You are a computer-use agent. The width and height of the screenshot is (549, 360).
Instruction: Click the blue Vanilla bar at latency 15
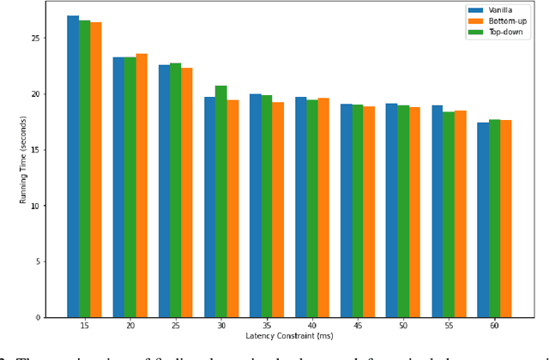tap(73, 167)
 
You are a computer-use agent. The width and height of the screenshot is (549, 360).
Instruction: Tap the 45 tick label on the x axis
tap(357, 327)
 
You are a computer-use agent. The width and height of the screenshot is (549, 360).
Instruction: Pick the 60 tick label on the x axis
tap(494, 327)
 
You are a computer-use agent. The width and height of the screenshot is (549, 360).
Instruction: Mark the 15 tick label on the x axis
tap(84, 327)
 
